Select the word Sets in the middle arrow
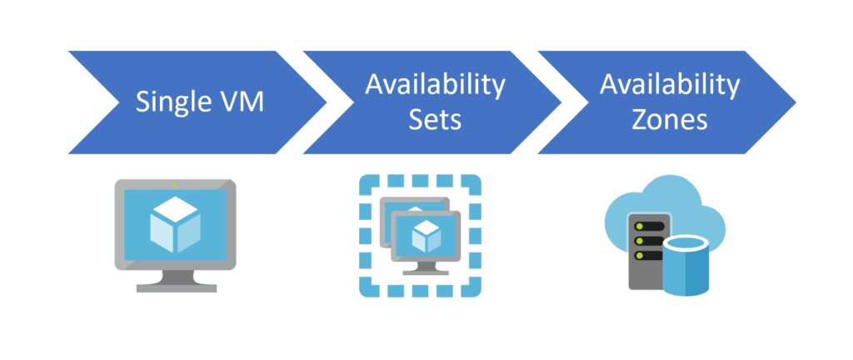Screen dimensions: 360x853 coord(434,119)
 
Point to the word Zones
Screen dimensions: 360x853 coord(669,119)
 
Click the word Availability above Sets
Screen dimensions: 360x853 coord(435,85)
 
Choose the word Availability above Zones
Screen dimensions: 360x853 coord(670,85)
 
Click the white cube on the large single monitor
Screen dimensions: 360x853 coord(176,223)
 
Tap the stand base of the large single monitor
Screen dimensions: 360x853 coord(176,287)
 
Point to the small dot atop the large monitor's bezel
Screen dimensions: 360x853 coord(176,184)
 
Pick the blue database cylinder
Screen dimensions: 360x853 coord(686,265)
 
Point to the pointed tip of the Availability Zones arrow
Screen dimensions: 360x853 coord(794,102)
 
